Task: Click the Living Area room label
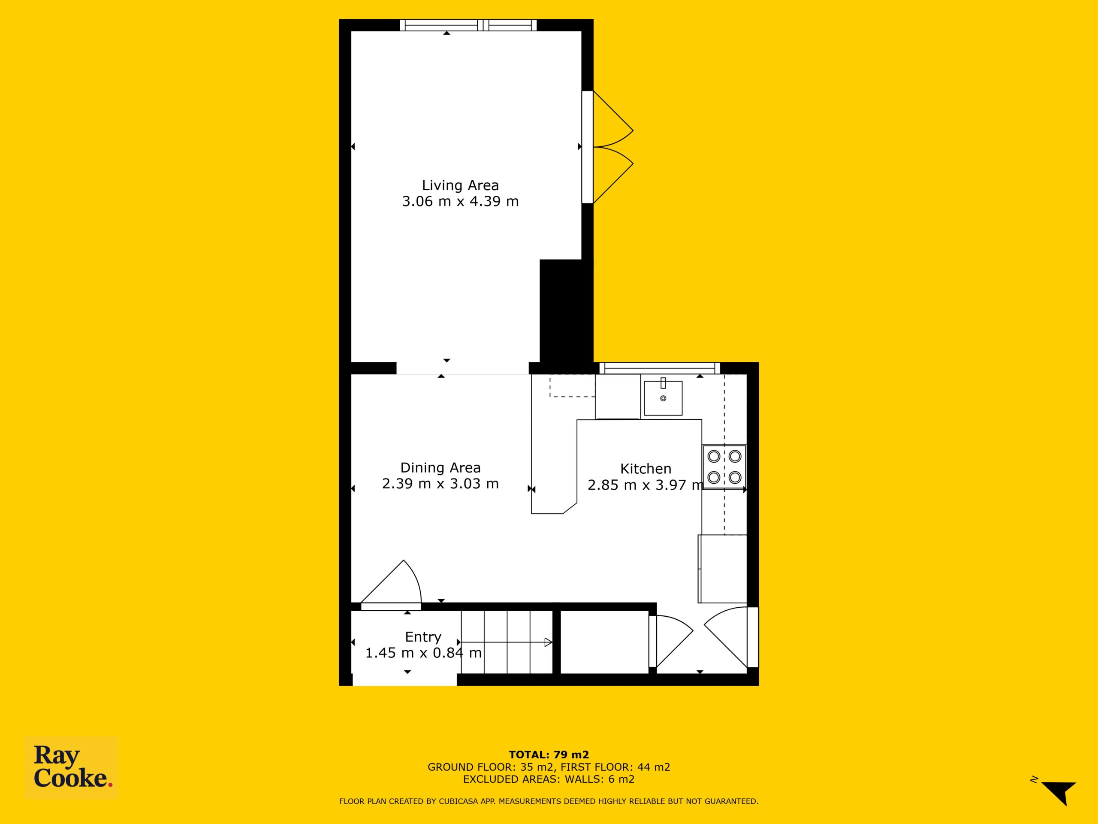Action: pyautogui.click(x=460, y=185)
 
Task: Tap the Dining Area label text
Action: pyautogui.click(x=440, y=468)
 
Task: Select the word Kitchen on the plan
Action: pyautogui.click(x=646, y=469)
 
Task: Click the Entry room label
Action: pyautogui.click(x=423, y=637)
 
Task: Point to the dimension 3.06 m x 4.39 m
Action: pyautogui.click(x=460, y=202)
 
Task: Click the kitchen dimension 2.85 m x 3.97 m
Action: pyautogui.click(x=646, y=485)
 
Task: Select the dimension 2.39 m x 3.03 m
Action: pyautogui.click(x=440, y=484)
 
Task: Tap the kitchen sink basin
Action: pyautogui.click(x=663, y=398)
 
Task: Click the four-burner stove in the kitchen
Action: pyautogui.click(x=724, y=467)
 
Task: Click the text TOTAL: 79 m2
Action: pyautogui.click(x=549, y=755)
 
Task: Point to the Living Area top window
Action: pyautogui.click(x=469, y=25)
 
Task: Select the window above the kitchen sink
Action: pyautogui.click(x=660, y=368)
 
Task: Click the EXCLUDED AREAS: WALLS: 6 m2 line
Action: pyautogui.click(x=549, y=779)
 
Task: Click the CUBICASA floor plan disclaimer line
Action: pyautogui.click(x=549, y=801)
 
